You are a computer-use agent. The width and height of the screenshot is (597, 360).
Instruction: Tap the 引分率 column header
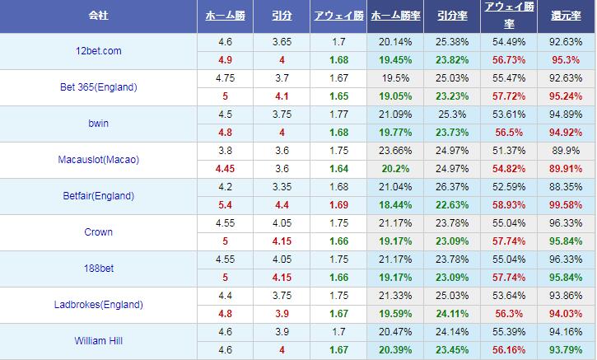452,16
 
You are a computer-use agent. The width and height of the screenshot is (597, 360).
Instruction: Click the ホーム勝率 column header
394,16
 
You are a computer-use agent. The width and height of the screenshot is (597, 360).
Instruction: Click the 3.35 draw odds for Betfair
281,187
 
